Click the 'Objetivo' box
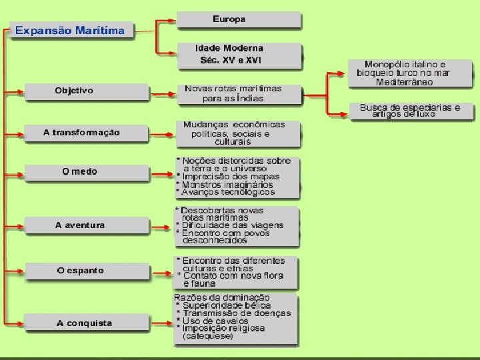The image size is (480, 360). click(x=74, y=91)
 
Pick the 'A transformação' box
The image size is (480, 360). click(x=81, y=133)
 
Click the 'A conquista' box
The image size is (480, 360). click(x=85, y=324)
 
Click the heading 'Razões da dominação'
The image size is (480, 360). click(x=222, y=297)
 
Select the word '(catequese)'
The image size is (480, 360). click(x=208, y=337)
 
